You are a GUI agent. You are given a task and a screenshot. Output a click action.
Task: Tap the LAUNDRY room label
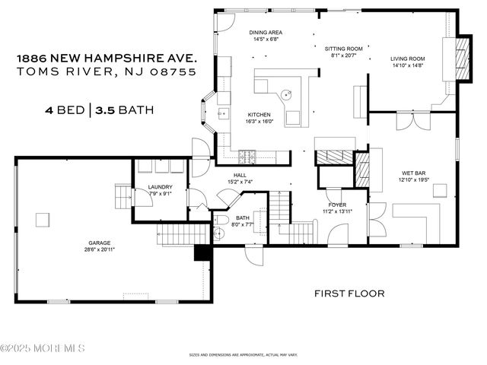(x=161, y=187)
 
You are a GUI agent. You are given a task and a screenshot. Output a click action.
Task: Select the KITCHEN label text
(x=258, y=113)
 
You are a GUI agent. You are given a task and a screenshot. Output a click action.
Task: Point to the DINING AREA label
(x=266, y=33)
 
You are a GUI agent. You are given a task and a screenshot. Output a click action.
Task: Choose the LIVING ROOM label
(x=407, y=59)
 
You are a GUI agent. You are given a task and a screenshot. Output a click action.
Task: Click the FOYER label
(x=337, y=205)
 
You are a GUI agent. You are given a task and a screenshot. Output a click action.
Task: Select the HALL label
(x=240, y=175)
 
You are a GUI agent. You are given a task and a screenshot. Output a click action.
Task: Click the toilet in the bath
(x=223, y=224)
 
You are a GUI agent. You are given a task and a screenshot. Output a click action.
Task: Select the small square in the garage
(x=43, y=220)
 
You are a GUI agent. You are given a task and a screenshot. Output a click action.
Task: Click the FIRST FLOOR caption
(x=349, y=293)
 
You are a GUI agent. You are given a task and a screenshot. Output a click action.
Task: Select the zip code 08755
(x=173, y=71)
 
